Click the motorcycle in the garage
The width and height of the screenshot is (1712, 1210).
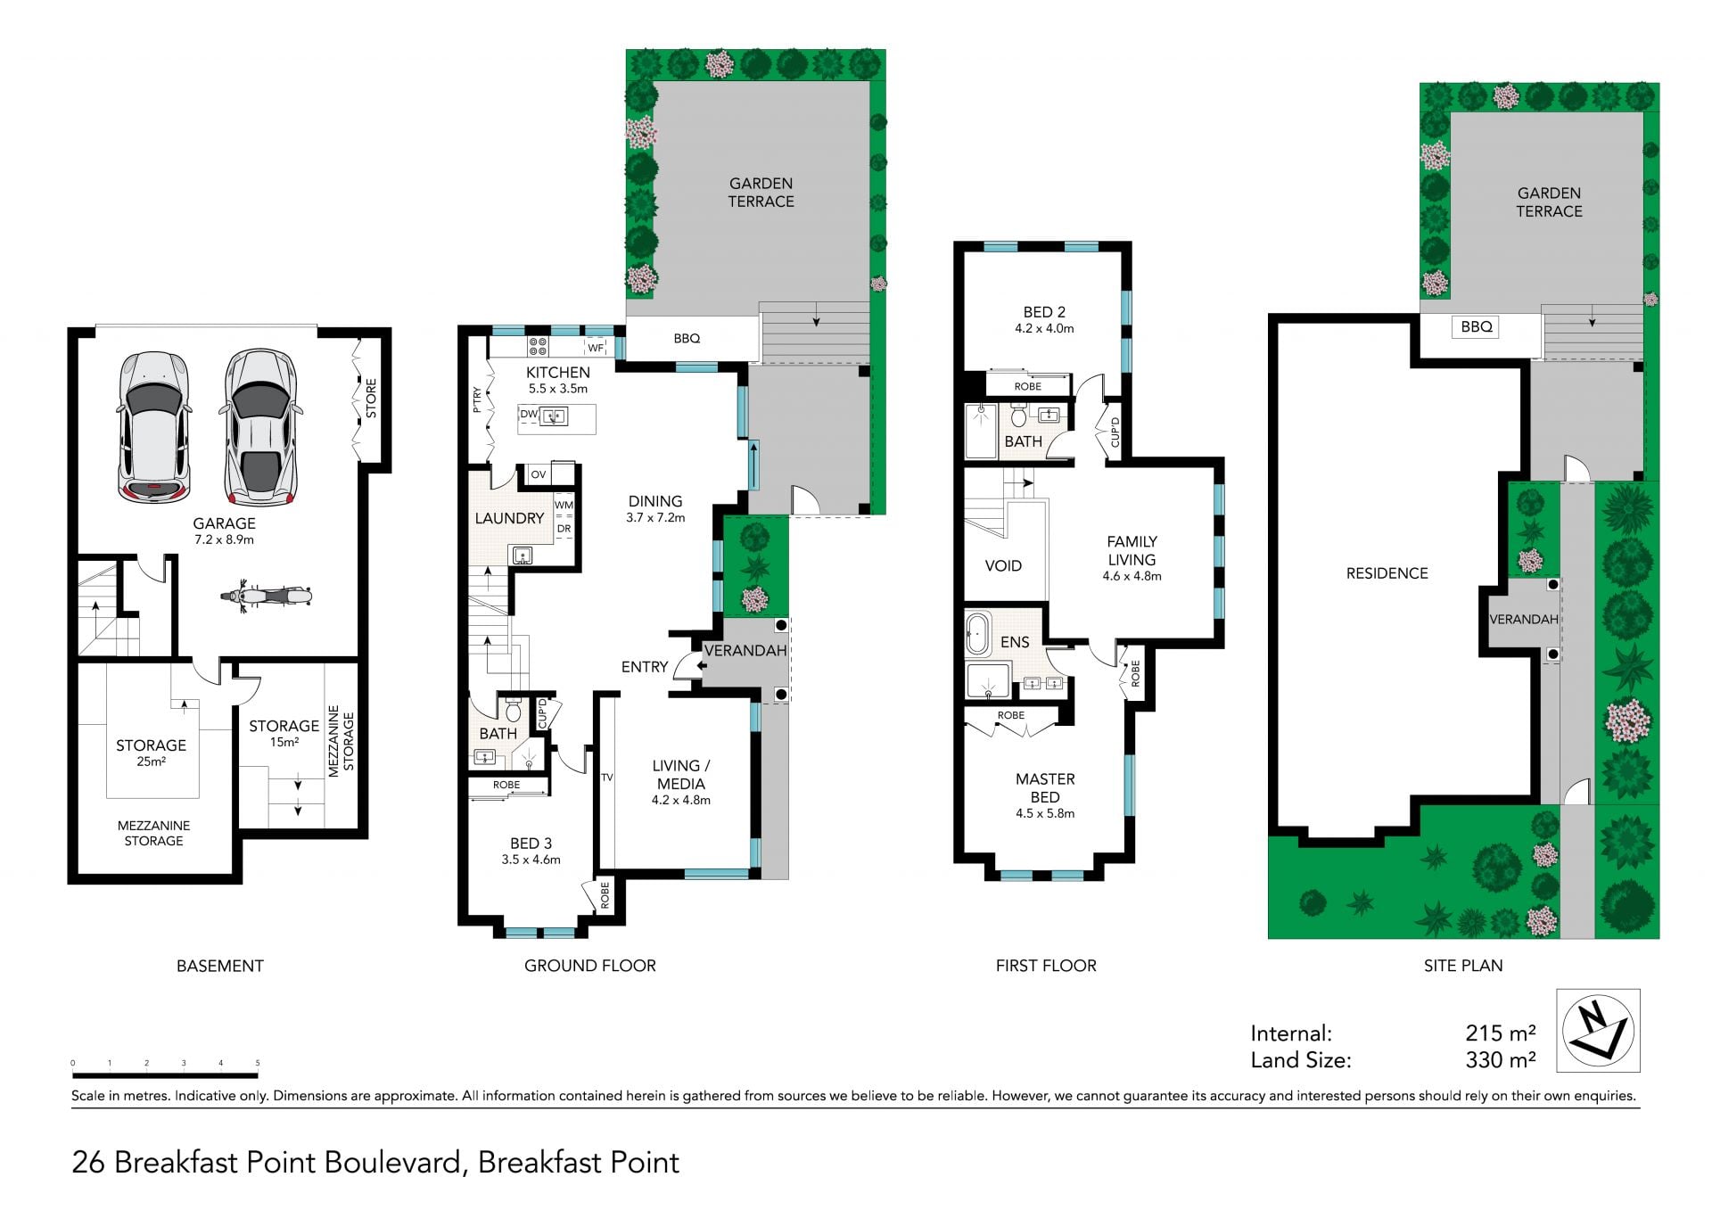coord(267,596)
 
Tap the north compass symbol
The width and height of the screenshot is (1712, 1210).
coord(1598,1030)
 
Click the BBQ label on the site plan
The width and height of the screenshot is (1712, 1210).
coord(1477,326)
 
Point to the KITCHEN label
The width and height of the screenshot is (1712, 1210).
coord(558,372)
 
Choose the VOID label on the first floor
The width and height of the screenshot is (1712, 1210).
coord(1003,565)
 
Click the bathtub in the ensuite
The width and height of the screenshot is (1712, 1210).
coord(978,632)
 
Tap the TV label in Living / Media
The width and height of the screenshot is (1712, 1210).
coord(607,778)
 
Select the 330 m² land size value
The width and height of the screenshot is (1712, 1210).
coord(1501,1060)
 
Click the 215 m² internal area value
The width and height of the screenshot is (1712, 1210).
coord(1501,1033)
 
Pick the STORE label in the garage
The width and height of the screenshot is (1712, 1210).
coord(371,399)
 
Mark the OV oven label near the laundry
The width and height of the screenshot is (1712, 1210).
coord(538,474)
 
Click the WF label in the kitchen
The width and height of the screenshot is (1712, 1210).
coord(596,348)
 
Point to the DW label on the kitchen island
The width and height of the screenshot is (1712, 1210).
coord(529,414)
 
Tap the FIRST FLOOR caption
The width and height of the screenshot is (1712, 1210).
coord(1046,965)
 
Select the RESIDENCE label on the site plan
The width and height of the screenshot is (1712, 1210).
coord(1387,573)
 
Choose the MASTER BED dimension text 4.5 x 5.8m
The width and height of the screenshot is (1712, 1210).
coord(1045,813)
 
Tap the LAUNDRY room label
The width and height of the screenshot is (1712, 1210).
coord(509,518)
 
